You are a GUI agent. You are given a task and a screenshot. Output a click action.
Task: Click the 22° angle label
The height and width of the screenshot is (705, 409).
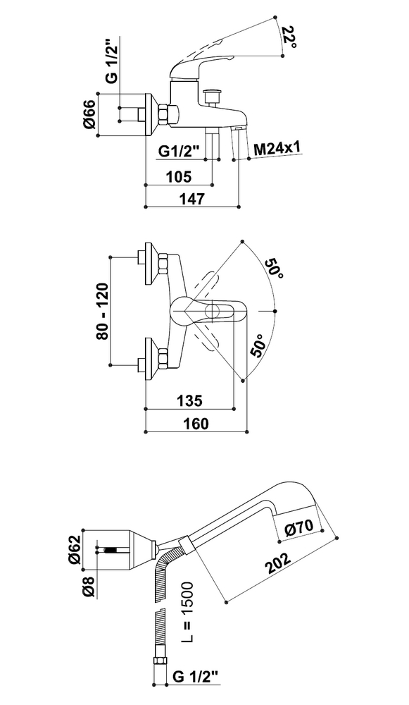point(289,37)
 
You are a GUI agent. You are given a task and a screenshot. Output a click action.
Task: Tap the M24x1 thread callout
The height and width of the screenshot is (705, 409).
point(277,148)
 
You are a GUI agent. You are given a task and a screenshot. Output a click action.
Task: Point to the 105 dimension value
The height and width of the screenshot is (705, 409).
point(179,177)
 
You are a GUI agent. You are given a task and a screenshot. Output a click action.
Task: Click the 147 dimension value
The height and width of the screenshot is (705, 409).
point(191,199)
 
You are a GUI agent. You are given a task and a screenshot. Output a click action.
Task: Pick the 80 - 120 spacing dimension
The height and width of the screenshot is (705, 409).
point(102,311)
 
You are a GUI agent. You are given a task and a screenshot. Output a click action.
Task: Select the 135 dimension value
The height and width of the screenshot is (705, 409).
point(189,400)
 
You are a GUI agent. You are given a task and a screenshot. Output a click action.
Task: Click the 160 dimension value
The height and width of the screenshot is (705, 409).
point(196,423)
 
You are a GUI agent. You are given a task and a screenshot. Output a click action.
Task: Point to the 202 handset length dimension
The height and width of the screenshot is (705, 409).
point(277,560)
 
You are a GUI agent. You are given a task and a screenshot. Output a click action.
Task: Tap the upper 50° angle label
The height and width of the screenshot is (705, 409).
point(274,269)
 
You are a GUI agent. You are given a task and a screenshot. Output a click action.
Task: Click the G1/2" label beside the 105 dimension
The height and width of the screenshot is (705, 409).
point(179,152)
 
